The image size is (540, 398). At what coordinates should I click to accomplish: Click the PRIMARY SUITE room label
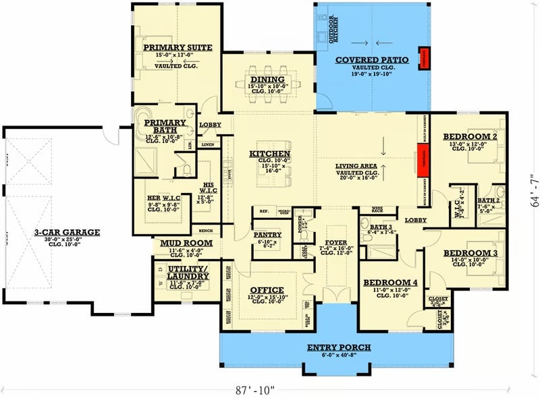[178, 48]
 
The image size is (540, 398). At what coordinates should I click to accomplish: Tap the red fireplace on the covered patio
[425, 58]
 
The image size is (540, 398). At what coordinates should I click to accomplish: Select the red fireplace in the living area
[419, 160]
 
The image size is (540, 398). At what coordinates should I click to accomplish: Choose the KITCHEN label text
[270, 154]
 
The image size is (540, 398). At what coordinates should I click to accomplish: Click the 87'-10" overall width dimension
[256, 389]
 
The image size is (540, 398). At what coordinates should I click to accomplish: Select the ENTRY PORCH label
[339, 348]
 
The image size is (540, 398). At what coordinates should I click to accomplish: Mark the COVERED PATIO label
[372, 60]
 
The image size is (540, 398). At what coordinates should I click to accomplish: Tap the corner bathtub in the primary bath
[145, 119]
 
